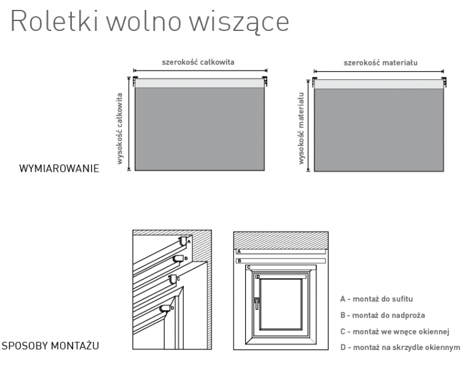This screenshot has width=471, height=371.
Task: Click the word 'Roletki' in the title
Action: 54,20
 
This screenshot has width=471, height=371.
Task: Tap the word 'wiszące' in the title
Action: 239,22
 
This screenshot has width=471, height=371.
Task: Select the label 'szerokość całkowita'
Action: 198,62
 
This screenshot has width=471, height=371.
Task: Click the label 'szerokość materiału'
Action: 380,62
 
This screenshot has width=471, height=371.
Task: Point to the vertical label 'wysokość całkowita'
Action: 119,129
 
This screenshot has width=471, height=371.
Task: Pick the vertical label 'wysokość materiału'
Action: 301,128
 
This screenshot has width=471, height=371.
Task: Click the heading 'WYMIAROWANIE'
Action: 59,168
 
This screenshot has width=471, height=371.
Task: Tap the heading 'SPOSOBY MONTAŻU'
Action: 50,346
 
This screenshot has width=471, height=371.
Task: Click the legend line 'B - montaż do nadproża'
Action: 382,315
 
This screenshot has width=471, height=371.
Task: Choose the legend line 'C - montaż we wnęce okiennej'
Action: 394,331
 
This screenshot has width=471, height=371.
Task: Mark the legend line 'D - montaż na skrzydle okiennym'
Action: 400,348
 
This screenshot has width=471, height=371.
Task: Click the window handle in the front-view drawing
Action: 256,303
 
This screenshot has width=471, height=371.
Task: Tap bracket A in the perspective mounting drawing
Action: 183,241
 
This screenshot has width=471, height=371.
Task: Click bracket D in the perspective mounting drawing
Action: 165,309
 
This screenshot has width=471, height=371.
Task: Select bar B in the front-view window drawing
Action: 281,261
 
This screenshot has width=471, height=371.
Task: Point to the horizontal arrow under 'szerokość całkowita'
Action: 200,70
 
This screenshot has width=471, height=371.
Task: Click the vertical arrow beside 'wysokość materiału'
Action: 308,126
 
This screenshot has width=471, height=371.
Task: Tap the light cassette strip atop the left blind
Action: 199,83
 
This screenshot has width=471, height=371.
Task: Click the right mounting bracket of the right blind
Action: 444,82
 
